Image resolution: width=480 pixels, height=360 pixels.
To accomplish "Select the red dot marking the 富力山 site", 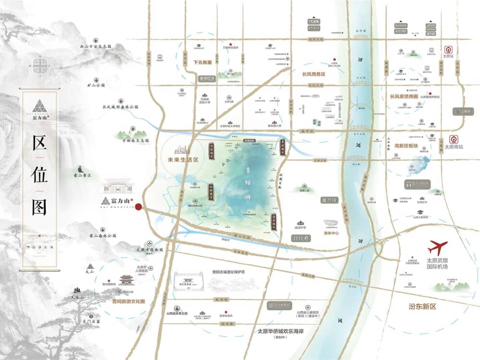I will (x=139, y=207).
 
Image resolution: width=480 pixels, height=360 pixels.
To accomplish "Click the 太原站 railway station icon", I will (x=448, y=49).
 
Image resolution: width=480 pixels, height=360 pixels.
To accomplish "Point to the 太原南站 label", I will (x=453, y=148).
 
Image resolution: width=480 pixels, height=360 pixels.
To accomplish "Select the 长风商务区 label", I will (x=314, y=74).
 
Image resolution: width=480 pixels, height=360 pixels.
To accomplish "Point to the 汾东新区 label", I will (x=422, y=306).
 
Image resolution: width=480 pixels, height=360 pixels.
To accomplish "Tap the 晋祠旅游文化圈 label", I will (x=128, y=302).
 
